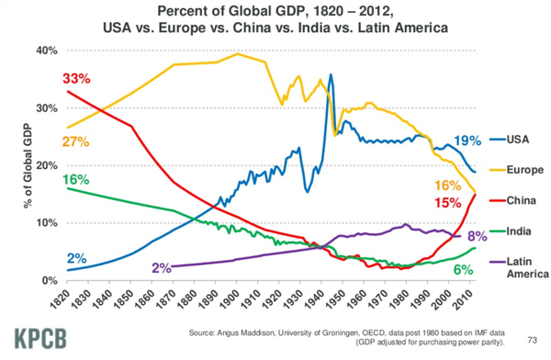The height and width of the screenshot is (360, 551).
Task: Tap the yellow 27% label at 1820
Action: (x=76, y=142)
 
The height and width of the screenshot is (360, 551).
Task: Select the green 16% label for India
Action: (x=77, y=179)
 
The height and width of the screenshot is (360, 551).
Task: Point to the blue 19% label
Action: (x=467, y=141)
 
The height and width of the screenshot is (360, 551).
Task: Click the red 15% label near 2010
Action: (x=447, y=202)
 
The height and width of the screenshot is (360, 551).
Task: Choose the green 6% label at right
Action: (x=463, y=270)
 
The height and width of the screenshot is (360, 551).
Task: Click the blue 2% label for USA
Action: (x=76, y=258)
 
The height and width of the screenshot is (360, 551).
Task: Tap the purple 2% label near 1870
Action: (x=162, y=268)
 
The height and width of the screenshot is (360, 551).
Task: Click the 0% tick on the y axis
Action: (x=50, y=280)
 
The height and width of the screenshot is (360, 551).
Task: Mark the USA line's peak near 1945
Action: (x=331, y=75)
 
